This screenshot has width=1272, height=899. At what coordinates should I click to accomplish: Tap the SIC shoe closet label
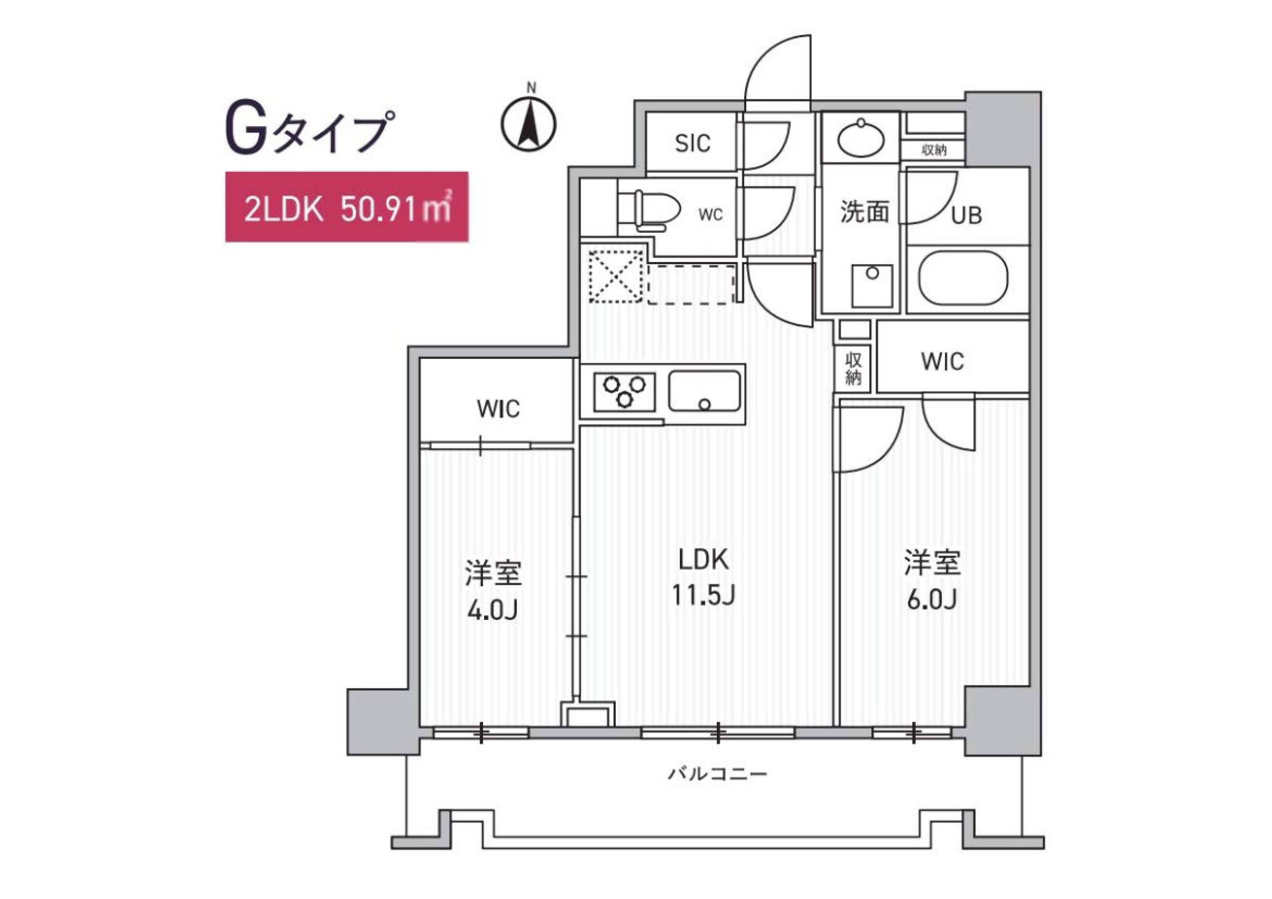pos(692,144)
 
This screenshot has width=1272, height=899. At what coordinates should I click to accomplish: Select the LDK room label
pos(704,560)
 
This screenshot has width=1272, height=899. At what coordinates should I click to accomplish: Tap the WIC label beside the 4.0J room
pos(498,409)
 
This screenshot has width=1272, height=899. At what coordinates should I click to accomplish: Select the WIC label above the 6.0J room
pos(942,362)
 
